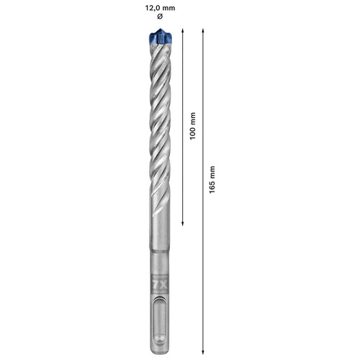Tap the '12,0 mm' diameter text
click(x=160, y=7)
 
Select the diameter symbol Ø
click(x=160, y=17)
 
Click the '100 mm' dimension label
click(x=192, y=126)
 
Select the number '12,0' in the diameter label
click(x=153, y=7)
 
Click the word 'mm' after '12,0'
click(x=170, y=7)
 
